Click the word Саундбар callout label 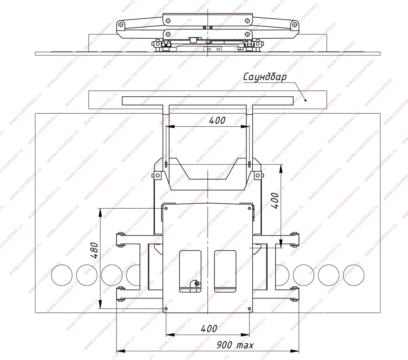tap(265, 77)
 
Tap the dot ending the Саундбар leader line tap(306, 100)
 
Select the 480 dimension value tap(95, 250)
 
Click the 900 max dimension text tap(235, 345)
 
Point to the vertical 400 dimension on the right tap(275, 200)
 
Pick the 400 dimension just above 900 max tap(209, 329)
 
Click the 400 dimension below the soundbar tap(217, 120)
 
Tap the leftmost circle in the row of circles tap(62, 275)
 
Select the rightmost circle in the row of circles tap(353, 275)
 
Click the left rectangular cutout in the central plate tap(190, 271)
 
